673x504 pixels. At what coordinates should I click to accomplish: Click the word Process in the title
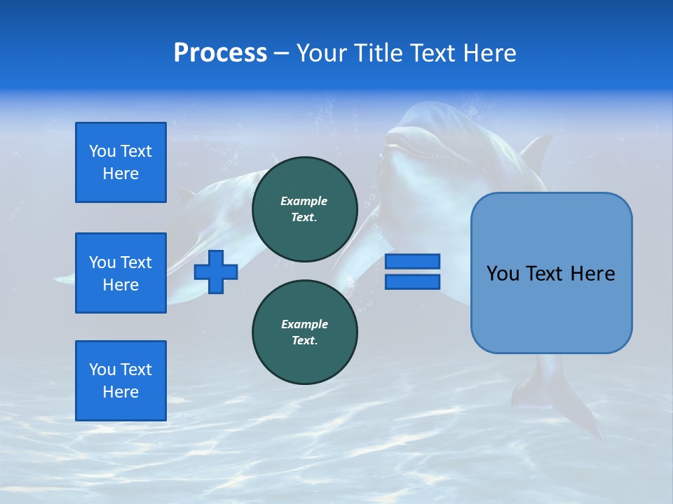coord(220,53)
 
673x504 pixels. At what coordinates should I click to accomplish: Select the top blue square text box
coord(121,162)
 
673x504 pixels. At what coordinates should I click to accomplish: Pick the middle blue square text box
coord(121,273)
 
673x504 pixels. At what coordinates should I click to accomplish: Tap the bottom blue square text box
coord(121,381)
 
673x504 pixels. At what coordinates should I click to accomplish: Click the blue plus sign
coord(216,272)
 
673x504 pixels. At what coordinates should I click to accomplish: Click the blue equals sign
coord(412,272)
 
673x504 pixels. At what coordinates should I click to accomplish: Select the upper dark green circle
coord(304,209)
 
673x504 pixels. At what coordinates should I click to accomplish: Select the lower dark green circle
coord(304,332)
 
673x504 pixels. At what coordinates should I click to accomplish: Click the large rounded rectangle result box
coord(551,273)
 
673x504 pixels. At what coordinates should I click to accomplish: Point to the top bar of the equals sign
coord(412,262)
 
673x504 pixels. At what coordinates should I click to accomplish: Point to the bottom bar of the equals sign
coord(412,282)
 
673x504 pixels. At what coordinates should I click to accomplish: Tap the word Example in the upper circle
coord(304,201)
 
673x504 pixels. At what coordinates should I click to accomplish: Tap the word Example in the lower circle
coord(304,324)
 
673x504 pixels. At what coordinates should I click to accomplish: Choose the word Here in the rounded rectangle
coord(593,273)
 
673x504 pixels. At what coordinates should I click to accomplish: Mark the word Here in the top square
coord(121,174)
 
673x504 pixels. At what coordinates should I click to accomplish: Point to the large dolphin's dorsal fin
coord(536,150)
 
